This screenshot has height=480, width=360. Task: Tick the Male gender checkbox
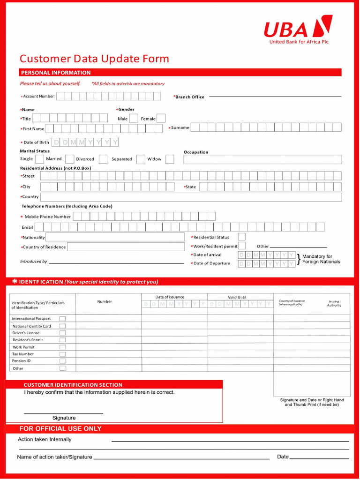pos(134,119)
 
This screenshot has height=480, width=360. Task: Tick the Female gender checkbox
pos(161,119)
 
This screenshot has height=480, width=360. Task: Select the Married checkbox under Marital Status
pos(69,159)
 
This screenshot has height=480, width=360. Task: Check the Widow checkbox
pos(170,159)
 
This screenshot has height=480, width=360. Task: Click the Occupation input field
pos(262,159)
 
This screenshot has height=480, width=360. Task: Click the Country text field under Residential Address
pos(191,197)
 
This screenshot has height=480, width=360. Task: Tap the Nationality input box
pos(115,237)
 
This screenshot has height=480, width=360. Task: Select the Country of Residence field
pos(126,247)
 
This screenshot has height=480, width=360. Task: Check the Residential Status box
pos(241,237)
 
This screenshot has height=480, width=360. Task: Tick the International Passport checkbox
pos(62,319)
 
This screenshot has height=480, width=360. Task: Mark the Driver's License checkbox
pos(62,333)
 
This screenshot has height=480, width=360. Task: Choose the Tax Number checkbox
pos(62,354)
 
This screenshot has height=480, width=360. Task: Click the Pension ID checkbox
pos(62,361)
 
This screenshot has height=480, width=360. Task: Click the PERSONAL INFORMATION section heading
pos(56,73)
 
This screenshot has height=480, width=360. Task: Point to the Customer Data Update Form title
pos(94,59)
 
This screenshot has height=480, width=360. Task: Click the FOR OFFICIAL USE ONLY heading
pos(60,428)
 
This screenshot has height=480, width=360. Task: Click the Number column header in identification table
pos(105,301)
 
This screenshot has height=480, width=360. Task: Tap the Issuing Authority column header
pos(334,303)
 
